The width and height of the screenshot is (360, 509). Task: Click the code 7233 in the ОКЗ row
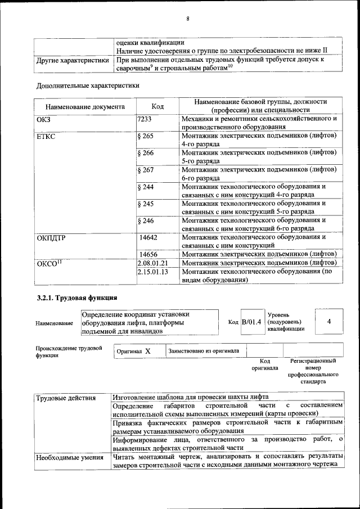[145, 119]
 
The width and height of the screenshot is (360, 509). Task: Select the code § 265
[145, 136]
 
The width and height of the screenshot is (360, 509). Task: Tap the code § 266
[145, 153]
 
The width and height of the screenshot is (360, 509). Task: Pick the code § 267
[145, 169]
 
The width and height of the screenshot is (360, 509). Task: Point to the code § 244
[145, 186]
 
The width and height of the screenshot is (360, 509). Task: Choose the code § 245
[145, 203]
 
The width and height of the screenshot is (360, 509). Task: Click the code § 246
[145, 220]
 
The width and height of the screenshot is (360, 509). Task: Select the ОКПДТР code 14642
[148, 237]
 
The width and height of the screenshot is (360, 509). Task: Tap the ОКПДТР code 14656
[148, 254]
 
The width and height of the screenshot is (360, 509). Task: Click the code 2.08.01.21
[152, 263]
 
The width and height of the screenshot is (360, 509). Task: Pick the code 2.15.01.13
[152, 271]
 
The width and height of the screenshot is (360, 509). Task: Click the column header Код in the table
[157, 106]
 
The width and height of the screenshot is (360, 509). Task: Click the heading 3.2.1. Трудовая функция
[73, 297]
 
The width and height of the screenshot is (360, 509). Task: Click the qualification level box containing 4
[328, 321]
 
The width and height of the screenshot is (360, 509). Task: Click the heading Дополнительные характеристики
[88, 85]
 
